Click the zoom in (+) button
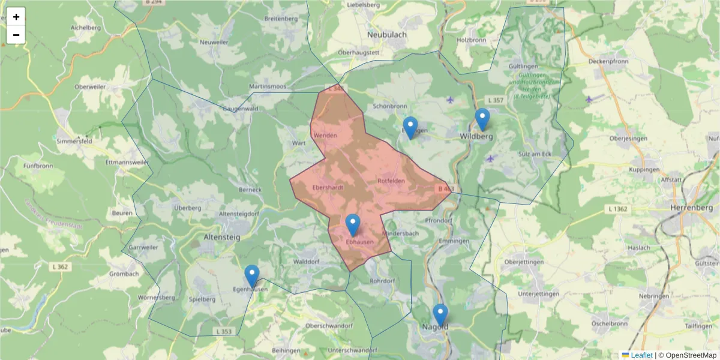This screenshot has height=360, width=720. (x=16, y=17)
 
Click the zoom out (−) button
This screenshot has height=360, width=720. (x=16, y=35)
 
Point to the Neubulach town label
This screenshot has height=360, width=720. (x=386, y=35)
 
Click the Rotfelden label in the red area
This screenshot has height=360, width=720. (x=391, y=181)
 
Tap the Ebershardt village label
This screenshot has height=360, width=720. (x=328, y=187)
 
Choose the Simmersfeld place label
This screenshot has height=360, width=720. (x=74, y=141)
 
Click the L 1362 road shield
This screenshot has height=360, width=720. (x=617, y=209)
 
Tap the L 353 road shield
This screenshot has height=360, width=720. (x=223, y=331)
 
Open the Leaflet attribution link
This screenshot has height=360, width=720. (x=641, y=355)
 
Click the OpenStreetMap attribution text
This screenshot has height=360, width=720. (x=691, y=355)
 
